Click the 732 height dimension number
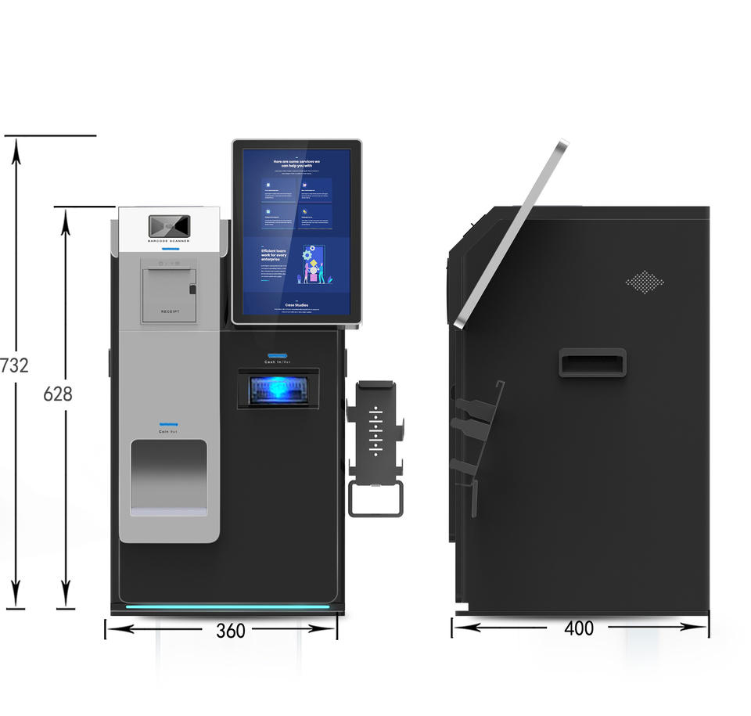coord(15,365)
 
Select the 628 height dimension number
coord(58,394)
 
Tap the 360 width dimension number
coord(230,631)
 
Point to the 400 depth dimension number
coord(579,628)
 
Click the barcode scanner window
coord(169,225)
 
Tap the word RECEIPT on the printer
coord(170,311)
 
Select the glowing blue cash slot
coord(278,389)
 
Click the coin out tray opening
coord(169,476)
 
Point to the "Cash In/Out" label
coord(278,362)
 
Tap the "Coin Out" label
coord(168,432)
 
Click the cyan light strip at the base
coord(228,606)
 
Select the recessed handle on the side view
coord(592,362)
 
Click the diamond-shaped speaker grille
coord(644,282)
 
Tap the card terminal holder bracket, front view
coord(375,426)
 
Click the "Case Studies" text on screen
coord(296,305)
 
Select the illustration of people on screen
coord(314,265)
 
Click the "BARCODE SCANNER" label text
coord(168,242)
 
